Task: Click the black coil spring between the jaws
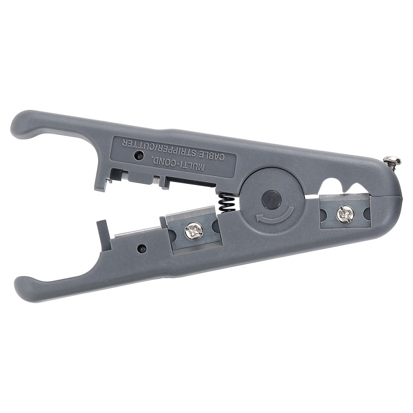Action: pos(227,202)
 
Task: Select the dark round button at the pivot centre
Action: pos(272,200)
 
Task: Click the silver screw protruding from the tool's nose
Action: pos(392,161)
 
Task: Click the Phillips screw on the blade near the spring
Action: pos(194,231)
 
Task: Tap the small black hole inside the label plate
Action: pos(138,156)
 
